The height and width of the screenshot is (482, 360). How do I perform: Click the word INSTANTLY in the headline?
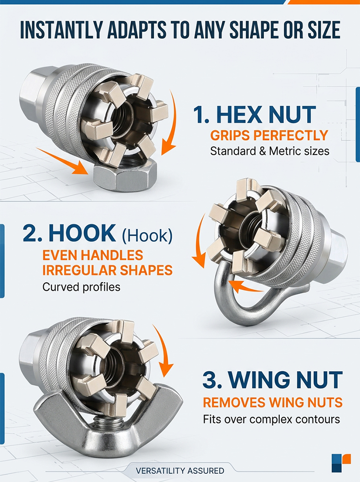(61, 30)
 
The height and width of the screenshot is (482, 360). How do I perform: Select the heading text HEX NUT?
(266, 114)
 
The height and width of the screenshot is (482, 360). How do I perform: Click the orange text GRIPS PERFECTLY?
(269, 135)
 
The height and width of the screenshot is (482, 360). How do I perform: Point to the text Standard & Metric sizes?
(270, 151)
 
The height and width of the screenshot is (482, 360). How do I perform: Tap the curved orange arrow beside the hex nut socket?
(170, 123)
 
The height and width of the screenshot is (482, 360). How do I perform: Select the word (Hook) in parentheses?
(147, 235)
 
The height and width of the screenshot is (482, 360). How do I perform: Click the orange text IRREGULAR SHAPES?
(107, 270)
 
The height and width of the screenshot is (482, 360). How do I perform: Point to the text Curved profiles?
(82, 287)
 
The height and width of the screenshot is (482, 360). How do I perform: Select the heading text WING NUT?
(285, 380)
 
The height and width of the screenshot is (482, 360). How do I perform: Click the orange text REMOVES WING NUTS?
(273, 402)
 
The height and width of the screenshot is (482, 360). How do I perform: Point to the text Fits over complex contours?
(272, 419)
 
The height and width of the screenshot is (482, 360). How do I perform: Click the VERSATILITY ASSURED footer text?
(180, 471)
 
